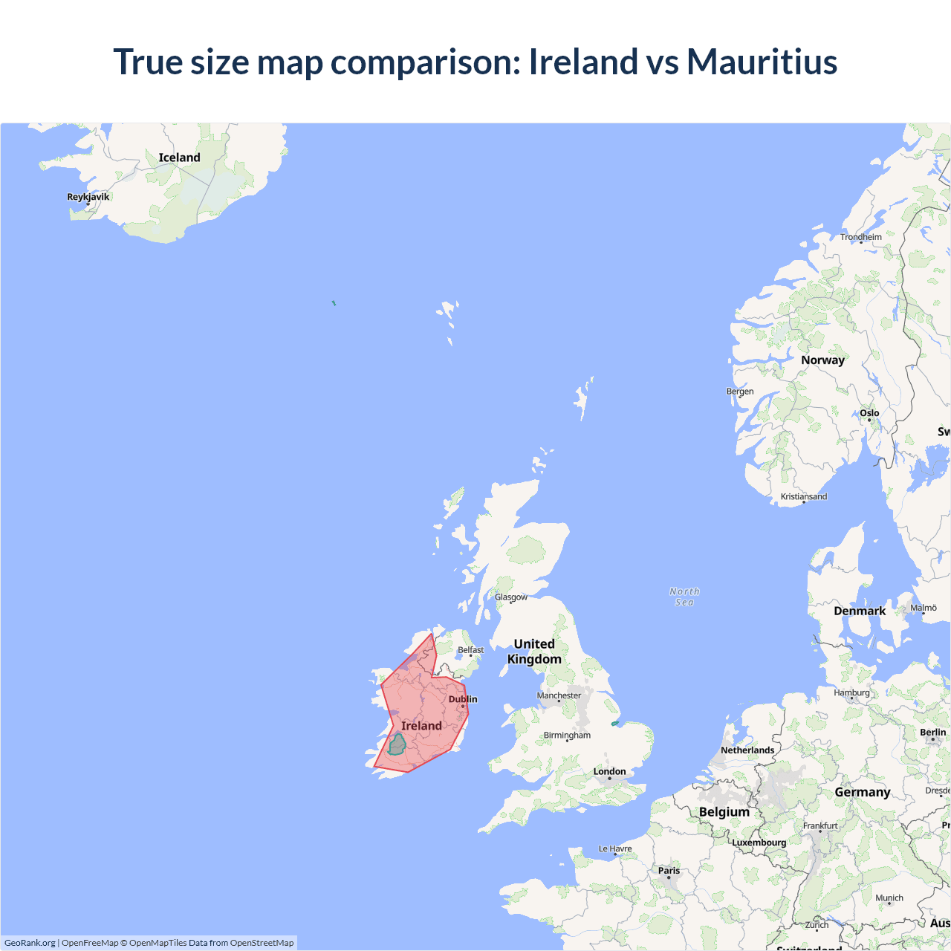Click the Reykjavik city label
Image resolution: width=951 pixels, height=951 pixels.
click(88, 197)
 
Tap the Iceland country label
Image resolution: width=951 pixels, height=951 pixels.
click(179, 158)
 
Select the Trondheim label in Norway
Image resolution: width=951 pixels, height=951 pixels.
click(860, 237)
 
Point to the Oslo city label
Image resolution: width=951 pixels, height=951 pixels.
click(869, 413)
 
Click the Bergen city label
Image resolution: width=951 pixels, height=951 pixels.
click(739, 392)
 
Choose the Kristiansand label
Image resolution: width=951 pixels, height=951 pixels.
click(803, 496)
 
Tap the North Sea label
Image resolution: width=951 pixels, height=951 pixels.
click(684, 597)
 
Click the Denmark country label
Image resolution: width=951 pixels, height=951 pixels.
click(859, 611)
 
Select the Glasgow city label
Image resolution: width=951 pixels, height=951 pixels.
click(511, 597)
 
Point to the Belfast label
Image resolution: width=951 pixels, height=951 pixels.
click(470, 650)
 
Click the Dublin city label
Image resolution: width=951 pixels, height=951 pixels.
click(463, 699)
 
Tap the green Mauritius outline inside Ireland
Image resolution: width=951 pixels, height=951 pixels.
click(397, 744)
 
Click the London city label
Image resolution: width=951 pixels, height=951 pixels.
click(609, 771)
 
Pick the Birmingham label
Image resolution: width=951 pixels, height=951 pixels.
click(567, 736)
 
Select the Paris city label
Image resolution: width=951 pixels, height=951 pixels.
click(669, 870)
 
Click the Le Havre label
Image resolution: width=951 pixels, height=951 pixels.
click(615, 848)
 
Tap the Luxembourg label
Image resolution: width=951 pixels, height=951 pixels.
click(759, 843)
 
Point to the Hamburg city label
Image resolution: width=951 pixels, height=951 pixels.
click(851, 692)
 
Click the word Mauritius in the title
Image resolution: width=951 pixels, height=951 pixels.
click(762, 62)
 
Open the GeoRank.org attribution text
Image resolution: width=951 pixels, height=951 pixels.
click(30, 943)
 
